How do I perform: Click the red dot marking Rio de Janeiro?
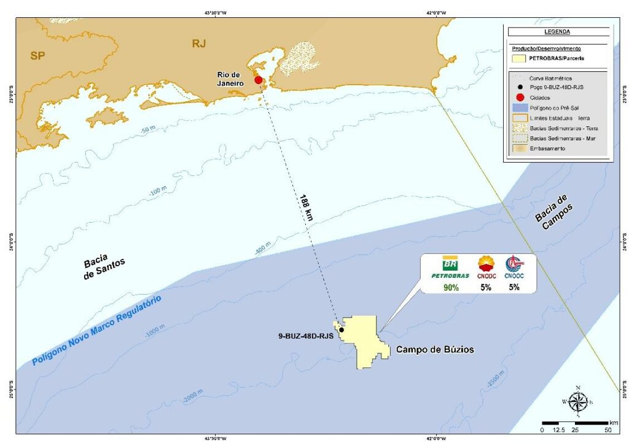click(259, 80)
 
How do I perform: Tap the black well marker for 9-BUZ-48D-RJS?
click(341, 330)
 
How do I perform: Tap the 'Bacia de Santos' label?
click(104, 267)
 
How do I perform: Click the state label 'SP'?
click(37, 56)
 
